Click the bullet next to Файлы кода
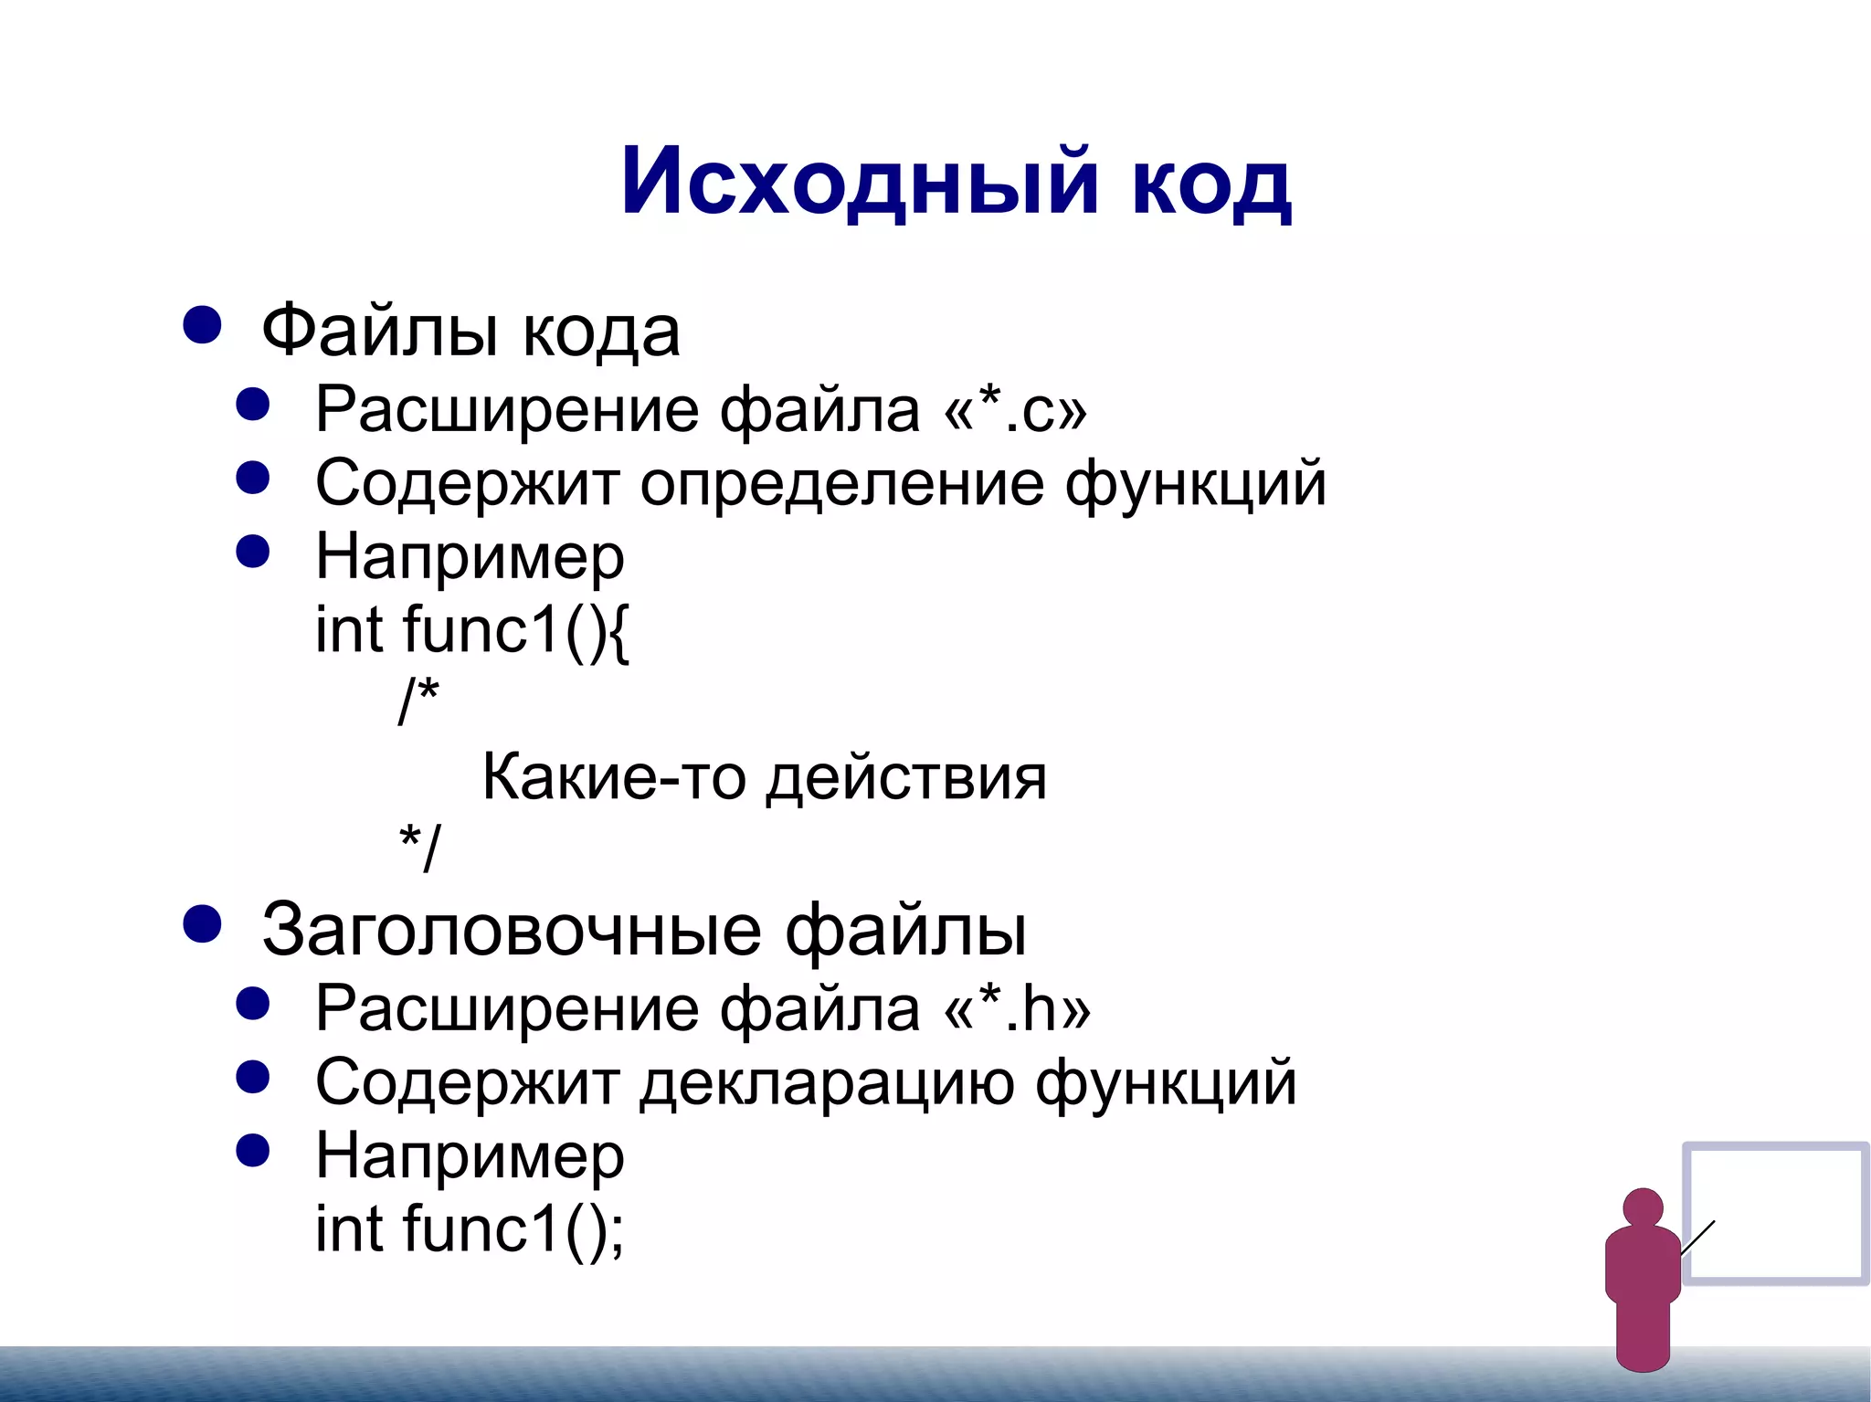[x=202, y=324]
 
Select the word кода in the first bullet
[x=601, y=331]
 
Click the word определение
[x=841, y=483]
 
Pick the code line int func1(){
[x=471, y=630]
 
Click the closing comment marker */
[x=419, y=848]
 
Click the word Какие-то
[x=613, y=777]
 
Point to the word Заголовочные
[x=512, y=930]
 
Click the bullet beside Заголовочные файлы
[x=202, y=923]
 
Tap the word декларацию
[x=827, y=1082]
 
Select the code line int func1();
[x=470, y=1229]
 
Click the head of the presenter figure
[x=1643, y=1207]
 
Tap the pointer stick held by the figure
[x=1697, y=1238]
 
